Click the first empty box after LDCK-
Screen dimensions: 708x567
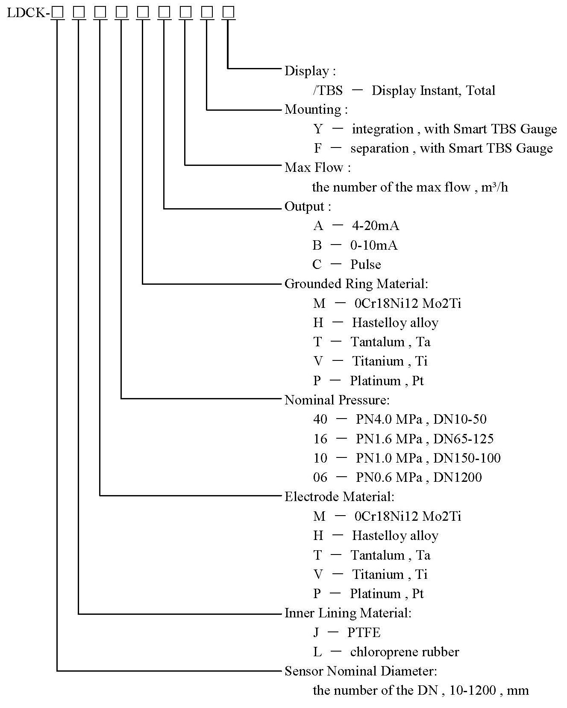click(x=57, y=12)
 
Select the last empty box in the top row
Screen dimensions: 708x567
click(x=229, y=12)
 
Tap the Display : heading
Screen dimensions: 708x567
click(x=310, y=71)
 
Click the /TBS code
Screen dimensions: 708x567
click(x=328, y=91)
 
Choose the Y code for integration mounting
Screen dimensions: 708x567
click(x=318, y=129)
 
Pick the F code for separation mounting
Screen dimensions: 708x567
click(x=318, y=148)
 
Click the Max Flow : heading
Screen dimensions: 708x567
click(x=317, y=168)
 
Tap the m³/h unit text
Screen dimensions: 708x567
click(x=494, y=187)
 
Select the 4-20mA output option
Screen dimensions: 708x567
click(x=375, y=226)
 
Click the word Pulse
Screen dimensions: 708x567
click(x=365, y=265)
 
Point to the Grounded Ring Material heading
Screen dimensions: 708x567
click(x=356, y=284)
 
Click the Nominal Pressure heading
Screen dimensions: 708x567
click(x=337, y=400)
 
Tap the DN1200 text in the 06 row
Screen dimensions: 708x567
click(x=457, y=478)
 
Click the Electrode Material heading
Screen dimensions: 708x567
click(x=339, y=497)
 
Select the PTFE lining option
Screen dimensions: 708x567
click(x=364, y=633)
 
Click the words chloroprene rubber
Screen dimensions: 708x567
click(x=404, y=652)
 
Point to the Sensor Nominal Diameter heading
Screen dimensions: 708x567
click(x=361, y=671)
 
